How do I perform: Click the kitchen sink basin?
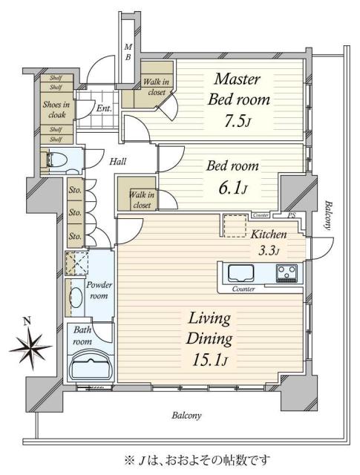[240, 273]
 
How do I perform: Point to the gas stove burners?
[287, 273]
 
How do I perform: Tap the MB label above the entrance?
[128, 52]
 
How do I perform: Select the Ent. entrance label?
[104, 108]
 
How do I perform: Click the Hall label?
[117, 162]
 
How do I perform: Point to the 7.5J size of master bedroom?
[238, 121]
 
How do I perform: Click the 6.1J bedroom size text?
[232, 189]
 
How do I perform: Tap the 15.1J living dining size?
[210, 360]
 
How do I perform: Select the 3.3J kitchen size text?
[268, 251]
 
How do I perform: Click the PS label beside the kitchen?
[291, 215]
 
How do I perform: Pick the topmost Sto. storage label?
[75, 190]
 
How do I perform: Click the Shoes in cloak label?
[56, 110]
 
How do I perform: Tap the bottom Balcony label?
[186, 416]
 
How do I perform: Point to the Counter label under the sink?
[243, 289]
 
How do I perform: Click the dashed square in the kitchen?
[235, 226]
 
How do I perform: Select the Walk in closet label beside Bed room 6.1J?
[142, 200]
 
